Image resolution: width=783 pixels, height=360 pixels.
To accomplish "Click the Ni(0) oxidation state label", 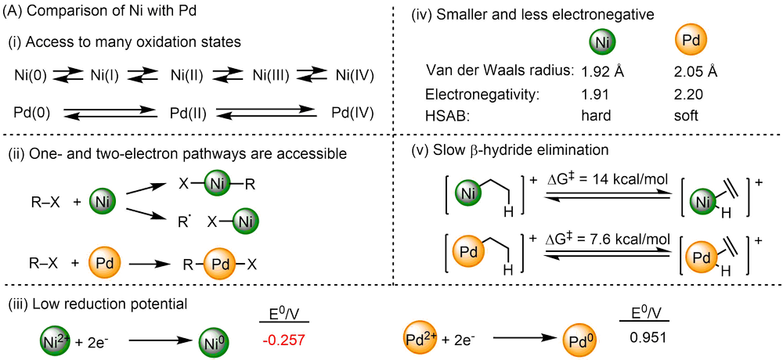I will tap(31, 76).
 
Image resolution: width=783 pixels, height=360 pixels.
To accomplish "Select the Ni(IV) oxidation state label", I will tap(355, 76).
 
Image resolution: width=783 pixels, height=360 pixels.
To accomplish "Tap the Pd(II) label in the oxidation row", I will tap(188, 113).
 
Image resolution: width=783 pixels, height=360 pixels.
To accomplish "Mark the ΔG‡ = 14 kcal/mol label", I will tap(601, 181).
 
